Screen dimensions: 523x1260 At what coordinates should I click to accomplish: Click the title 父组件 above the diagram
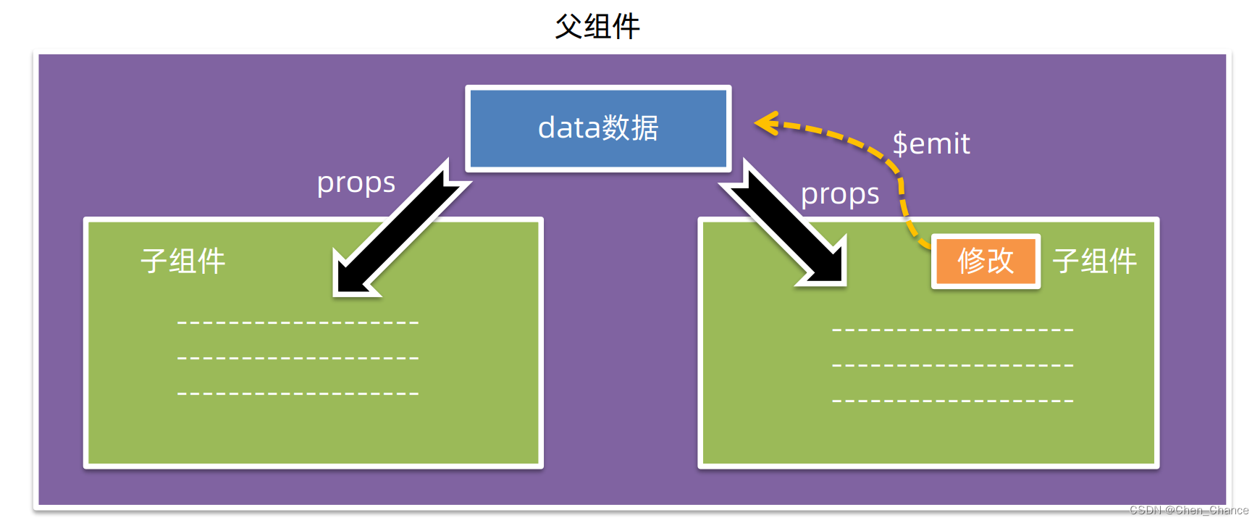[x=597, y=27]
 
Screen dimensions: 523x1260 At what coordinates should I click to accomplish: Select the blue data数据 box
[x=598, y=129]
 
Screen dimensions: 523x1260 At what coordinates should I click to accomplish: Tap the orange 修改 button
[x=986, y=261]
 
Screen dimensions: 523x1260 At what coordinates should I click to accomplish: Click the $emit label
[x=931, y=143]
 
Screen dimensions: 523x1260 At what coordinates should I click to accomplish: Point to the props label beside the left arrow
[x=356, y=183]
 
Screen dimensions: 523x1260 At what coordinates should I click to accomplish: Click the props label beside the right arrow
[x=840, y=194]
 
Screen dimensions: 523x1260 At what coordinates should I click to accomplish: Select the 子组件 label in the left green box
[x=183, y=261]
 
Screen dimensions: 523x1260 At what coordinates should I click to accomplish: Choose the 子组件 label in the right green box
[x=1095, y=261]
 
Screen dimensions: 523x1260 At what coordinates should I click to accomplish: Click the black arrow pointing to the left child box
[x=395, y=232]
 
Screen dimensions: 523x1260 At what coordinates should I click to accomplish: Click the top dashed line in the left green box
[x=298, y=322]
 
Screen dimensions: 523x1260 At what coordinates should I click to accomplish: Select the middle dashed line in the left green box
[x=298, y=358]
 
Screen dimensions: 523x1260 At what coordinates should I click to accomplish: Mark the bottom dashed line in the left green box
[x=298, y=393]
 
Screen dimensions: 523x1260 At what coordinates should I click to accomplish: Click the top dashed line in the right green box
[x=953, y=330]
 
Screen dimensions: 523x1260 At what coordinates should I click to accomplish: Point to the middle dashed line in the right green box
[x=953, y=365]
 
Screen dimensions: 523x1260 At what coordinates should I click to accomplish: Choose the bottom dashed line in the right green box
[x=953, y=401]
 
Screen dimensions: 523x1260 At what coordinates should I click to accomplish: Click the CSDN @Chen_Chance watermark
[x=1189, y=510]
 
